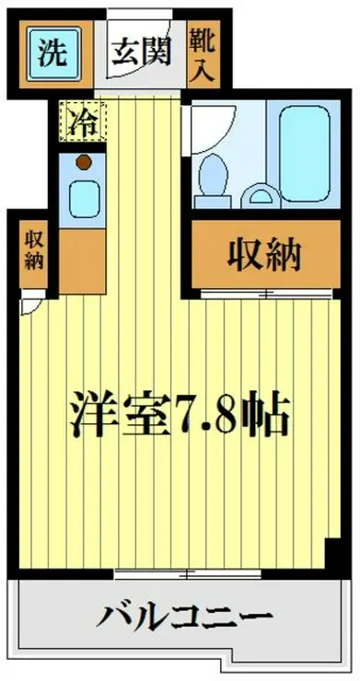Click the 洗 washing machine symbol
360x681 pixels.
[54, 54]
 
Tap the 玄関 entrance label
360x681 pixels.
[141, 52]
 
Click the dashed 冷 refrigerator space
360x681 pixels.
[83, 121]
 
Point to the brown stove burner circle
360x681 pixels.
[84, 163]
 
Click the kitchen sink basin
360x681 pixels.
[83, 200]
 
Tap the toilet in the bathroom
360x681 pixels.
[213, 180]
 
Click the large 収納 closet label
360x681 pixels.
[264, 256]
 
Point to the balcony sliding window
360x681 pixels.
[188, 574]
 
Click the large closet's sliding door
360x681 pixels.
[266, 294]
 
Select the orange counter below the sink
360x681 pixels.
[83, 261]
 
